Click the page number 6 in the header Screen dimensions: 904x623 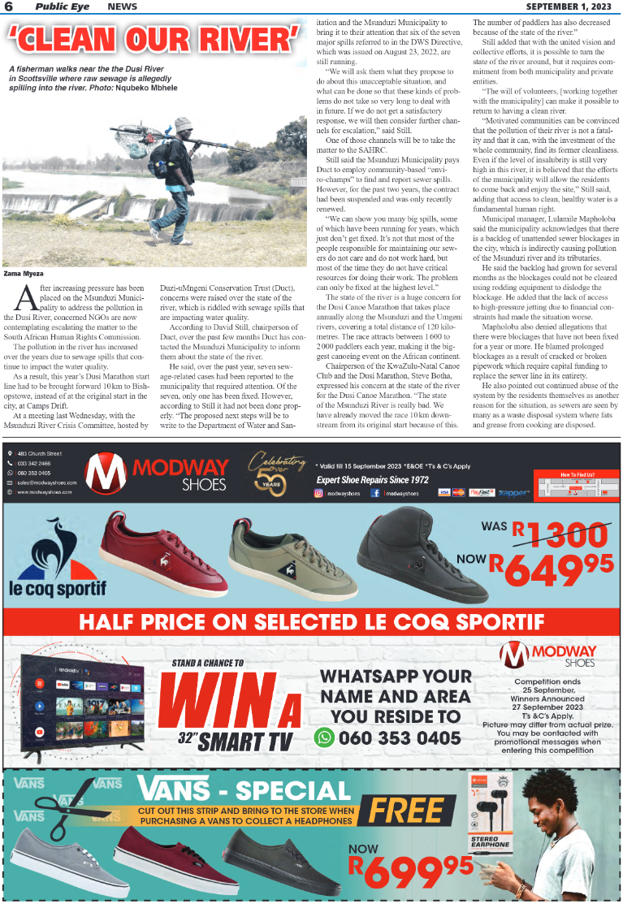(8, 6)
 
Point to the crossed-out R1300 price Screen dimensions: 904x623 (558, 533)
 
